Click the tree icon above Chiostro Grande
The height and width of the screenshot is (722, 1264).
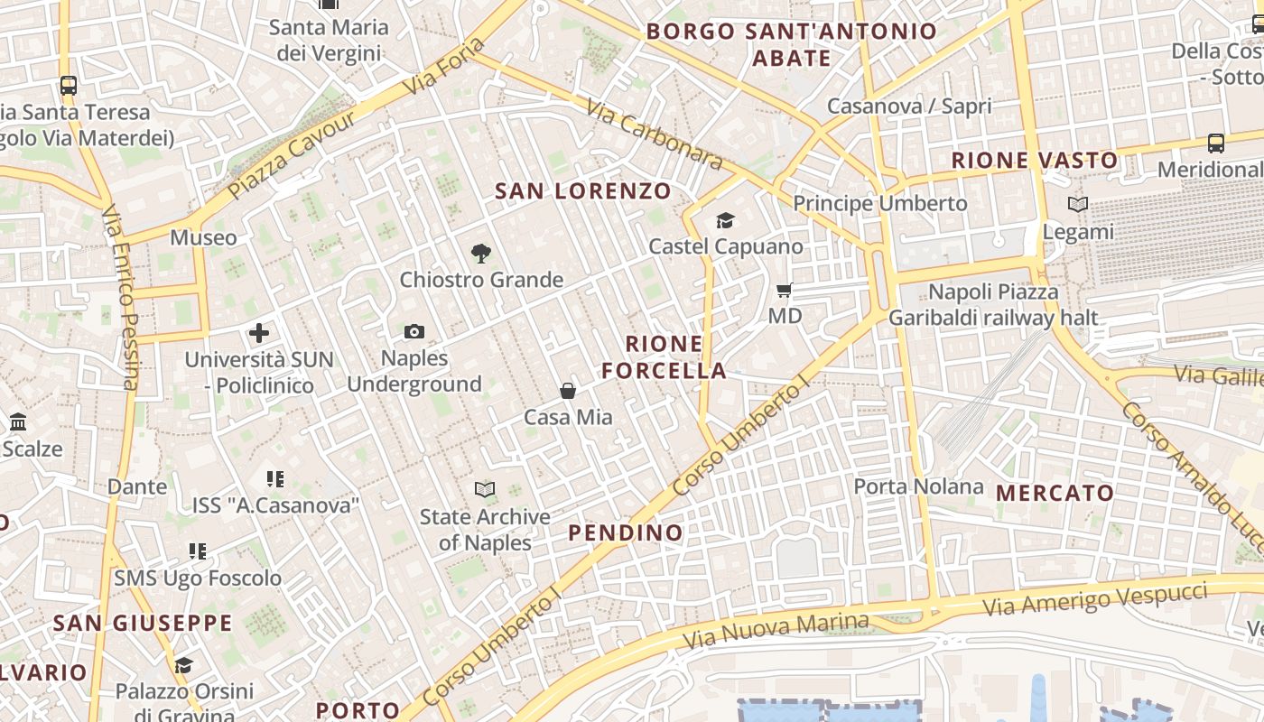pos(481,254)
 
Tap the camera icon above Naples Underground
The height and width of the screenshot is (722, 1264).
pos(414,332)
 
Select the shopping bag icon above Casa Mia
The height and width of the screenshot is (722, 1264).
pos(568,391)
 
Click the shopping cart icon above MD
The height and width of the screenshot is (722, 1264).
pos(785,291)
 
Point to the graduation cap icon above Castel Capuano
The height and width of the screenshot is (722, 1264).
pos(725,220)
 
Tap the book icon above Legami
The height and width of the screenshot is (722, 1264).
pos(1078,205)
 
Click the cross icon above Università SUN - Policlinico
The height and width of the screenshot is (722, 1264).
pos(259,333)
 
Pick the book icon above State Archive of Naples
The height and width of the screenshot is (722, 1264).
pos(485,490)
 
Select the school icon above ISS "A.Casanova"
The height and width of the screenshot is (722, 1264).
pos(275,479)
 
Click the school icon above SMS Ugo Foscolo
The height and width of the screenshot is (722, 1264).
pos(198,551)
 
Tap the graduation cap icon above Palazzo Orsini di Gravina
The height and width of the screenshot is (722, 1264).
pos(184,666)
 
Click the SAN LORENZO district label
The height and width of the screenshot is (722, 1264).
pos(583,191)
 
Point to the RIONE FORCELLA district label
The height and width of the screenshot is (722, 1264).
pos(665,357)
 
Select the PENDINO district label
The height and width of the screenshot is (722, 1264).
pos(626,532)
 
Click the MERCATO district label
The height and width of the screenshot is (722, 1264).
pos(1055,494)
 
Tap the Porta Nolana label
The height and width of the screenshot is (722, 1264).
pos(918,486)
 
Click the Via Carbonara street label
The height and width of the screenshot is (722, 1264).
pos(654,134)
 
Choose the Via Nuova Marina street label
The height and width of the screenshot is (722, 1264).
pos(776,631)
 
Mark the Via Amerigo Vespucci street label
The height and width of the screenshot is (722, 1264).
pos(1094,599)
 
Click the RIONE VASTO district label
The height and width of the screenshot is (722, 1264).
pos(1035,161)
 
